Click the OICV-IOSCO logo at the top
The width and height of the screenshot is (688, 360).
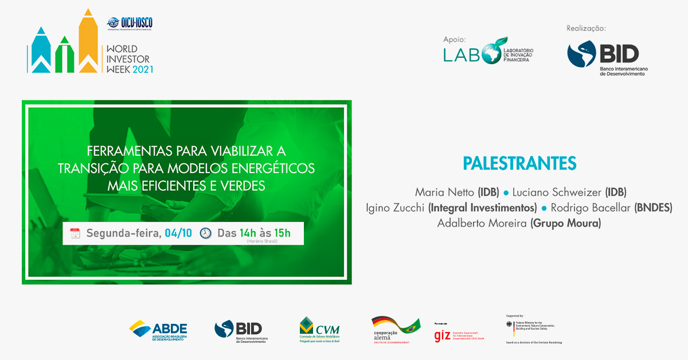click(130, 24)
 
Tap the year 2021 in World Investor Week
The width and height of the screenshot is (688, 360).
click(143, 69)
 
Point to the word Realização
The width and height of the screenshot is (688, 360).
click(586, 28)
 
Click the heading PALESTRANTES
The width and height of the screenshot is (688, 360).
click(519, 163)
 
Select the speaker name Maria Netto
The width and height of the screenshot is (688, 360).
click(445, 191)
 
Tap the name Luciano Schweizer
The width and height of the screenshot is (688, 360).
click(557, 191)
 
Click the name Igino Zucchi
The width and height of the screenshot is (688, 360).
click(395, 208)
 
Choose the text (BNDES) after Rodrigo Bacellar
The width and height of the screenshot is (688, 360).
click(653, 208)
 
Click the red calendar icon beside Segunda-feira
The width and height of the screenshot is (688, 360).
click(75, 233)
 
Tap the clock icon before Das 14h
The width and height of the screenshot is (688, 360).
click(206, 233)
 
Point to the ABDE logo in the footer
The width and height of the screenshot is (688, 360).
click(158, 330)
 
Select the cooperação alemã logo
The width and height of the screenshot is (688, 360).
click(395, 330)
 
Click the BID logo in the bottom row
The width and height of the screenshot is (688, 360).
click(240, 331)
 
